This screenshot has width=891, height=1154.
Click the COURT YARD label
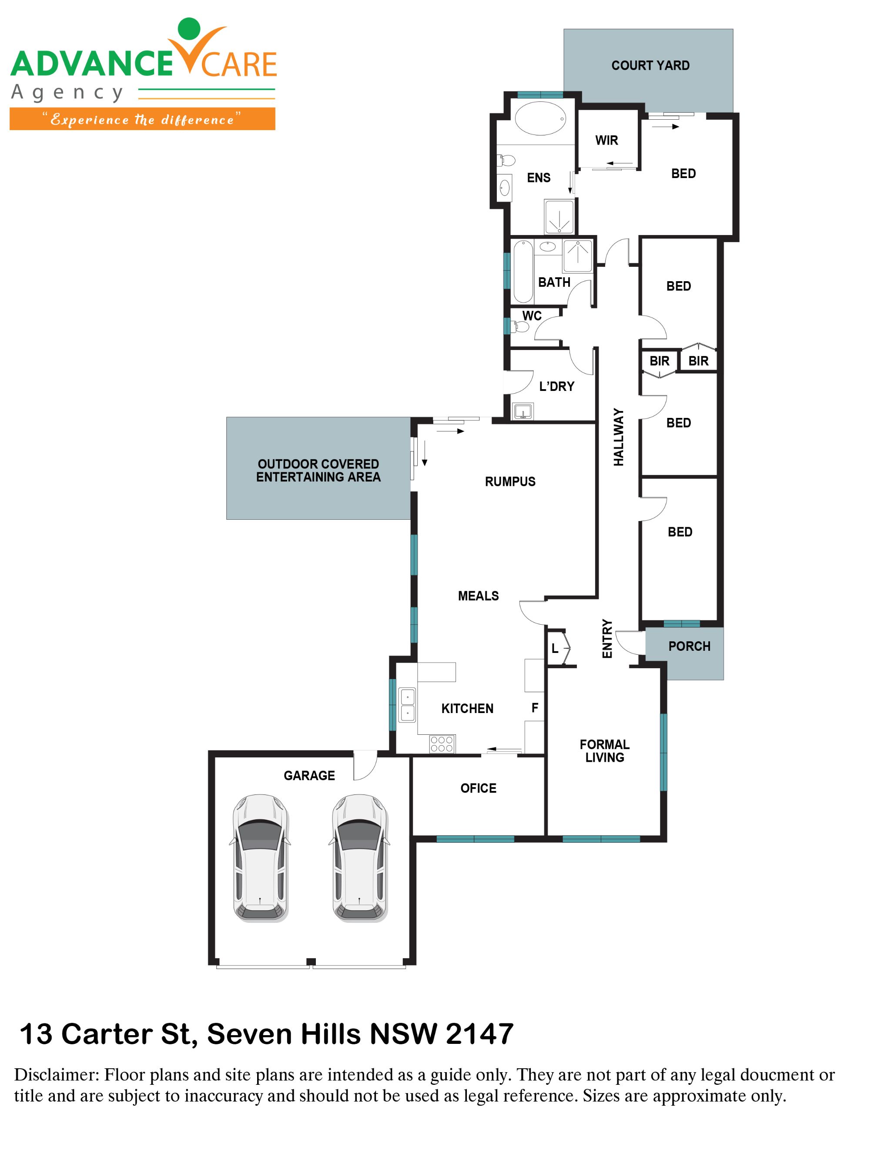[x=650, y=66]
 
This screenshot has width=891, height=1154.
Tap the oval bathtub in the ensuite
[x=540, y=119]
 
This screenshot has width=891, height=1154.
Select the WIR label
[x=606, y=141]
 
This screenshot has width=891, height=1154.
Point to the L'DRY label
[x=556, y=386]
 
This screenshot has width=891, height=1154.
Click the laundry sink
[x=523, y=410]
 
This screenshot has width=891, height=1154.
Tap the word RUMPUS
[x=509, y=481]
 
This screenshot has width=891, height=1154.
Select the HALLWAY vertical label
[x=618, y=437]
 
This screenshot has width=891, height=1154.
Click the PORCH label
[x=689, y=646]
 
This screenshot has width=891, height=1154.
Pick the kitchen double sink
[x=407, y=705]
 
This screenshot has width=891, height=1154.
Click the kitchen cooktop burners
[x=442, y=744]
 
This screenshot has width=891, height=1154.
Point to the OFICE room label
[x=478, y=788]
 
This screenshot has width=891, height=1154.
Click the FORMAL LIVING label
[x=604, y=751]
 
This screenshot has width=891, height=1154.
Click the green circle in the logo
[x=189, y=29]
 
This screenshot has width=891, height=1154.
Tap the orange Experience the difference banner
[x=142, y=119]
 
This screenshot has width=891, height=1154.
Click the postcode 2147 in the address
[x=479, y=1034]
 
